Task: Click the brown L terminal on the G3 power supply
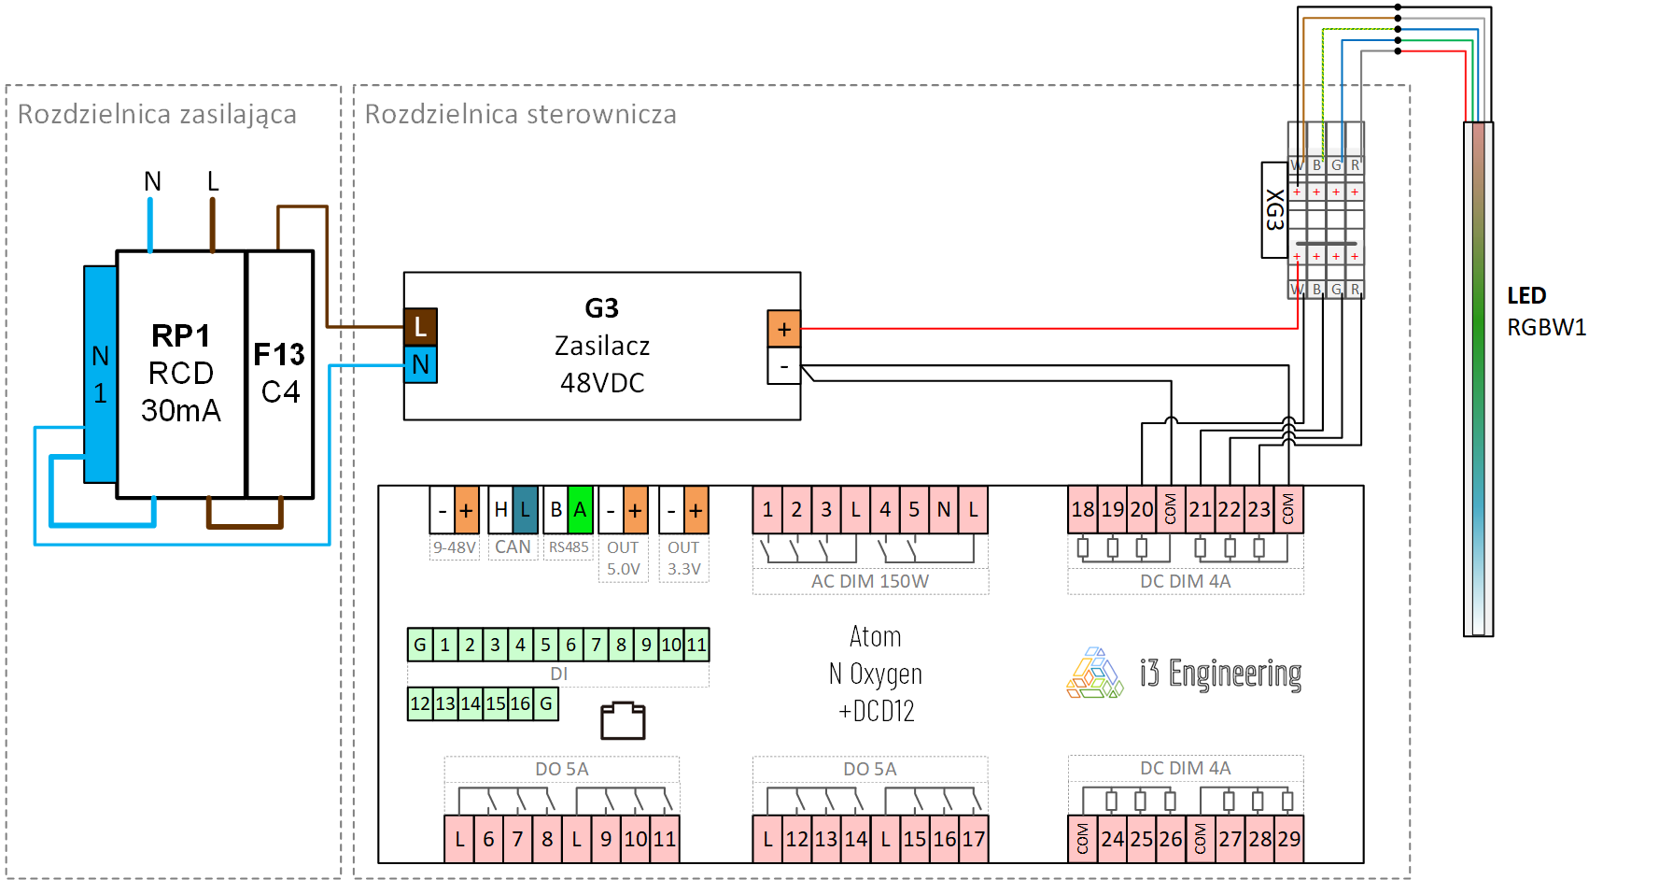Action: coord(420,327)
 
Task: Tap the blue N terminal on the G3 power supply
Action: coord(420,364)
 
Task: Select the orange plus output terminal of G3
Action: coord(784,329)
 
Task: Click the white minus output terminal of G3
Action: coord(784,366)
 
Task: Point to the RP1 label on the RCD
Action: coord(181,335)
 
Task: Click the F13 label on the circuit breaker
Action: coord(279,355)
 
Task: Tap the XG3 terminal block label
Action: coord(1274,209)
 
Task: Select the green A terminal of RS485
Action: coord(580,510)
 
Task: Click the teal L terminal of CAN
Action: coord(526,510)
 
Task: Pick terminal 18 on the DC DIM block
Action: coord(1083,510)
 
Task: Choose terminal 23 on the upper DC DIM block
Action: coord(1259,510)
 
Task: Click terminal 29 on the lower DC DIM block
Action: coord(1289,839)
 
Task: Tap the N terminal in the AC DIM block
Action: coord(944,510)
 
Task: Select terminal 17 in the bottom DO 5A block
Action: coord(974,839)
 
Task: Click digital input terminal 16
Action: coord(521,703)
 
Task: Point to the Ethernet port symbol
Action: coord(623,720)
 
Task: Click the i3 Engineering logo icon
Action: coord(1095,674)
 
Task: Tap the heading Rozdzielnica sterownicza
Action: coord(520,114)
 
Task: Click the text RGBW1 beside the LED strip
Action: coord(1546,328)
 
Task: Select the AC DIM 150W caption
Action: coord(869,581)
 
